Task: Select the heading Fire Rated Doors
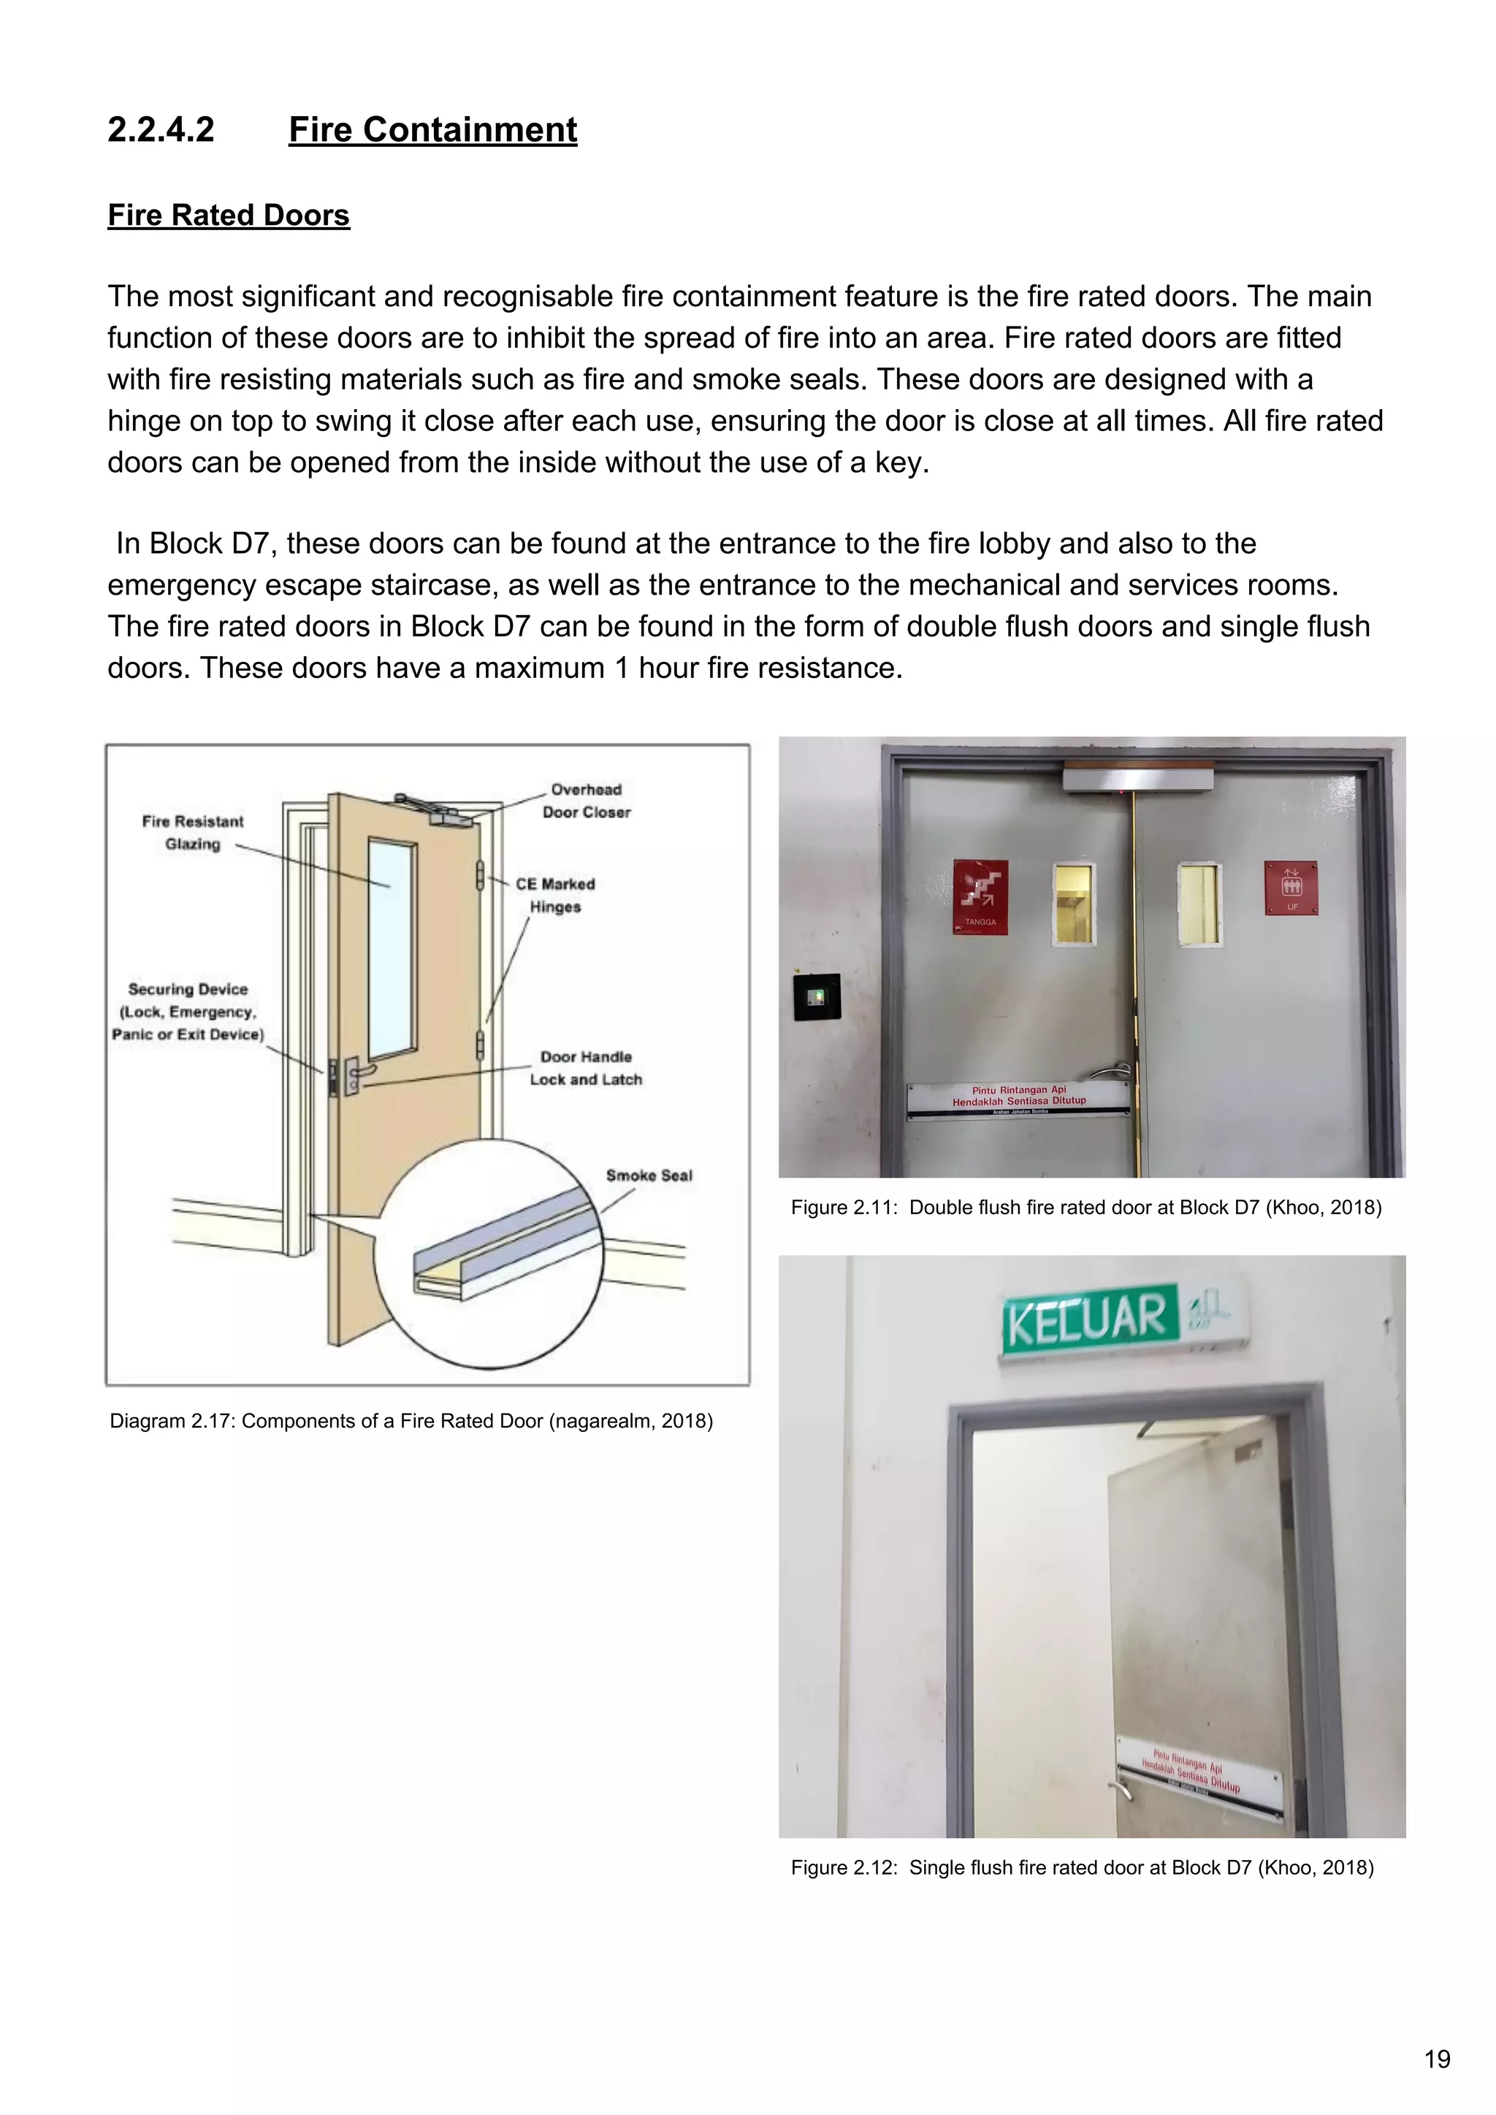(x=229, y=216)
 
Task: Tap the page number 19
(x=1437, y=2059)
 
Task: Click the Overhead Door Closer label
(x=586, y=801)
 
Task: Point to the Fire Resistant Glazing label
(x=193, y=833)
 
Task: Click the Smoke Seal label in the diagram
(x=649, y=1175)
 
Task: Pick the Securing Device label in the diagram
(x=188, y=1011)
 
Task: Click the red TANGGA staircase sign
(x=980, y=896)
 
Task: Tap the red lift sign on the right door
(x=1291, y=888)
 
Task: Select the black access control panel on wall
(x=816, y=996)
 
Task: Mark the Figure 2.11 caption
(x=1085, y=1208)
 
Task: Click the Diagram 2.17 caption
(x=411, y=1422)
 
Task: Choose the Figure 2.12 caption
(x=1082, y=1867)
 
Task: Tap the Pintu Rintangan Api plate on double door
(x=1019, y=1098)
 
